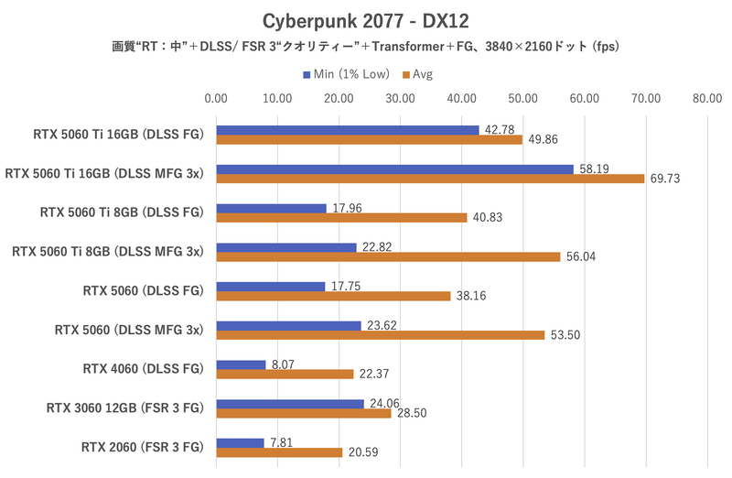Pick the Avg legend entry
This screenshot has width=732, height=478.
click(x=421, y=73)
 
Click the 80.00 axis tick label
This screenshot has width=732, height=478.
click(x=705, y=98)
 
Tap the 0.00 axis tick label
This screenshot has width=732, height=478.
click(x=216, y=98)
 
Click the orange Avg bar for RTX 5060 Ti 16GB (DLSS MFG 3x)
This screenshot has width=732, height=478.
click(x=430, y=179)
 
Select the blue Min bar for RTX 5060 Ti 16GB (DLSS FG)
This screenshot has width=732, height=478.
click(x=347, y=130)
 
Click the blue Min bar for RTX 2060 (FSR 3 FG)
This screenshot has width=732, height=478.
click(x=240, y=442)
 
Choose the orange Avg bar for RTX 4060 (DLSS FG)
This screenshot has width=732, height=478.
click(x=285, y=374)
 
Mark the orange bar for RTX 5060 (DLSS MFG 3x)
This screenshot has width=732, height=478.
click(x=380, y=335)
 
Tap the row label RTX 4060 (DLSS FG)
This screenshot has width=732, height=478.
click(x=142, y=369)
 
